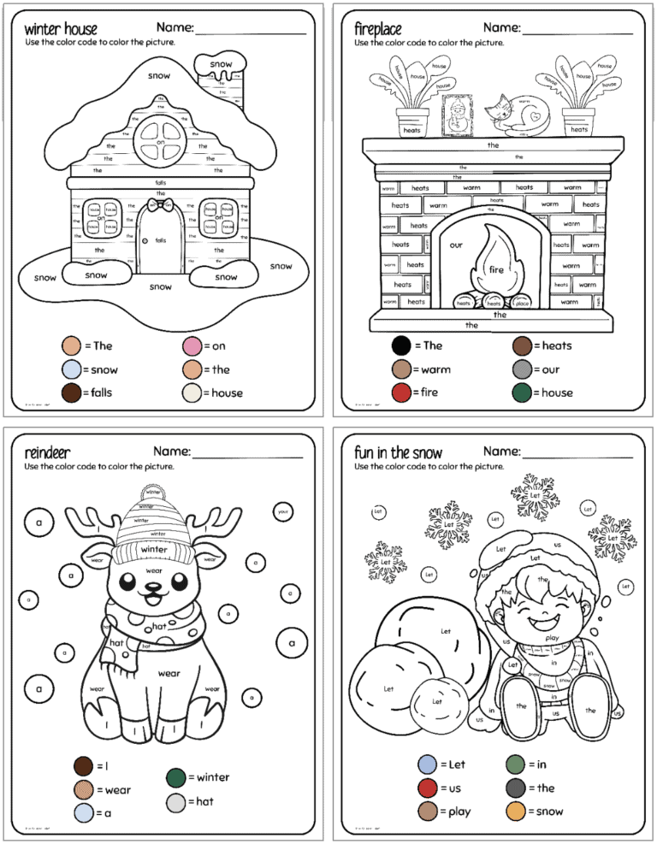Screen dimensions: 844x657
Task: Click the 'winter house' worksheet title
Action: [x=61, y=29]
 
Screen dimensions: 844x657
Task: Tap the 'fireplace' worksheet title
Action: [x=378, y=29]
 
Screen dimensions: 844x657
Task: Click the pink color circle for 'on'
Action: [x=192, y=346]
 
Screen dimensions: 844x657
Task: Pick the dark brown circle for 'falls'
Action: [x=71, y=392]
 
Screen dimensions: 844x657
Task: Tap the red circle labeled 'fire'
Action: [x=401, y=392]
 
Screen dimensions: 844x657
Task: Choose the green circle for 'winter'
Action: [x=176, y=777]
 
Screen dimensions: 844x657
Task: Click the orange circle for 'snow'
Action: [x=515, y=811]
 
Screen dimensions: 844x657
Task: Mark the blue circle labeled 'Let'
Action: [x=428, y=764]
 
